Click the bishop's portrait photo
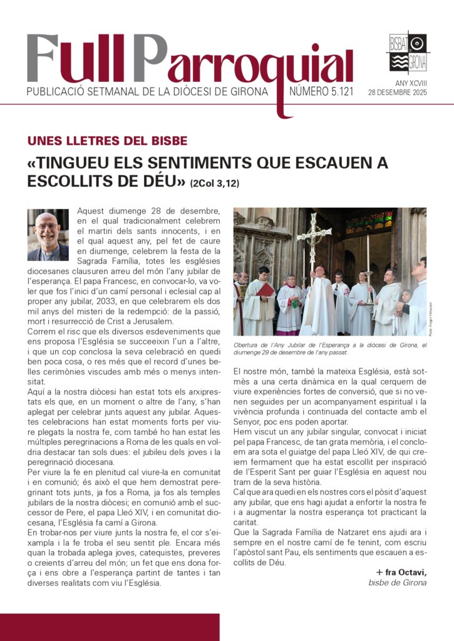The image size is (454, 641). pos(48,234)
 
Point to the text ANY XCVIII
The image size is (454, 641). pos(410,82)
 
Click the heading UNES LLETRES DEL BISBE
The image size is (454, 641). pos(107,141)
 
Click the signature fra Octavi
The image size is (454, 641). pos(401,573)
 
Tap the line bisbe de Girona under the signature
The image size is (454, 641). pos(398,583)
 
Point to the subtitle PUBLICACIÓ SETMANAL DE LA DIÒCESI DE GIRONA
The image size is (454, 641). pos(147,93)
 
